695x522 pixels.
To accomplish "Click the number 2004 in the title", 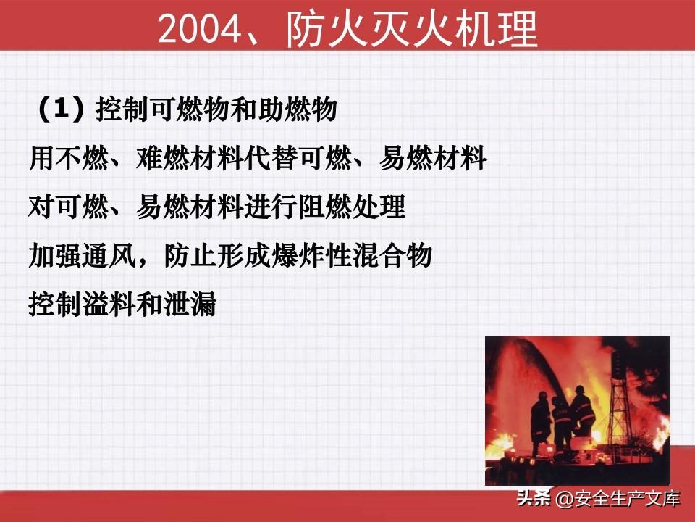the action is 200,29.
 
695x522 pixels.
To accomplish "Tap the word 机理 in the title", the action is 495,28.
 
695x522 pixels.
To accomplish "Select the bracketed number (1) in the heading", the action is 61,109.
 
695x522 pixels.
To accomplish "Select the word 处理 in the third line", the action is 379,207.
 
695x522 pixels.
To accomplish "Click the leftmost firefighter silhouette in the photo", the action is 540,422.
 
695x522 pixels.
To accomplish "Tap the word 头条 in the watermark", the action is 534,498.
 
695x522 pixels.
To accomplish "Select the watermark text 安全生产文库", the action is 627,499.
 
